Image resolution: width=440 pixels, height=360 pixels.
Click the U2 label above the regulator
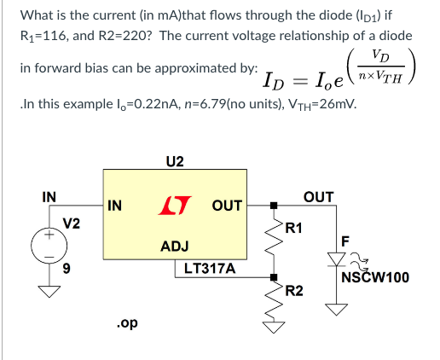point(175,161)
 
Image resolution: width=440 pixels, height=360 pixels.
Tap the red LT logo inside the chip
point(175,205)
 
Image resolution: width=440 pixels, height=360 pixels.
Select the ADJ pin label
point(175,246)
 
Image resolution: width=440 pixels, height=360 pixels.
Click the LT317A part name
point(210,268)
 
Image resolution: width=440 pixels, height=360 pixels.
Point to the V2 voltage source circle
point(49,246)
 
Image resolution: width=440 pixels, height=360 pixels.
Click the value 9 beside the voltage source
point(67,268)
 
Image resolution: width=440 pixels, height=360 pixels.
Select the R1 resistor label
point(293,228)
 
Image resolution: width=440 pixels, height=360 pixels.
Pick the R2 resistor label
point(294,291)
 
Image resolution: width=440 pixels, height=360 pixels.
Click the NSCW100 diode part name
point(375,277)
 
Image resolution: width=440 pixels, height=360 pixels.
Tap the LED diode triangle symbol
point(336,259)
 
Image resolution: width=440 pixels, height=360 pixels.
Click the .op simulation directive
point(127,323)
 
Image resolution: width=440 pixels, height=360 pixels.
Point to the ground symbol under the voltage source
point(49,292)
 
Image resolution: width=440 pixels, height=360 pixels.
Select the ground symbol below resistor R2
point(274,328)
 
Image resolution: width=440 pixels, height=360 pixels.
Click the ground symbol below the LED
point(337,310)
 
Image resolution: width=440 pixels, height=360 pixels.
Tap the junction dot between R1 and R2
point(274,277)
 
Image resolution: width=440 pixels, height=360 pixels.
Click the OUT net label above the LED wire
point(318,197)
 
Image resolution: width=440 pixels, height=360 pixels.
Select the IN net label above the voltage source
point(49,197)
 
